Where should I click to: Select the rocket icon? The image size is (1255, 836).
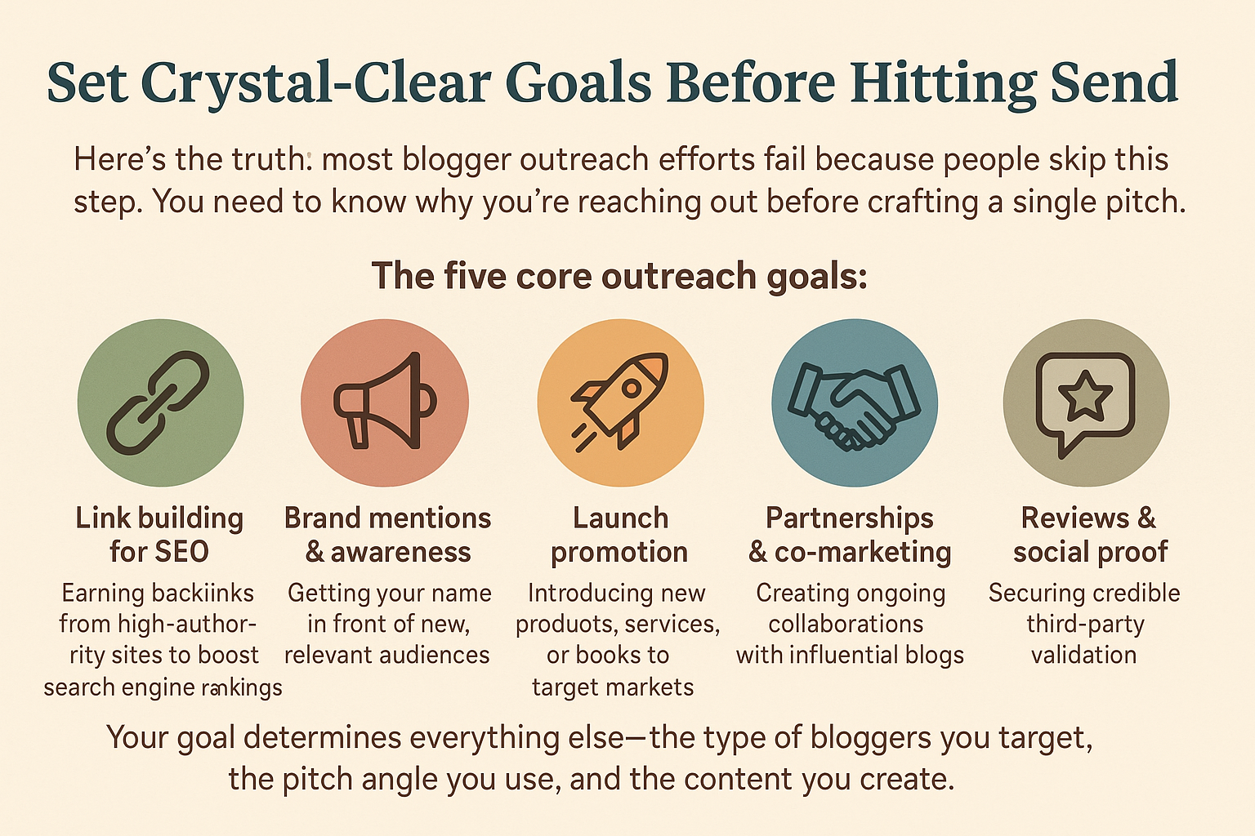(620, 401)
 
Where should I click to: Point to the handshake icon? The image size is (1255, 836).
(854, 403)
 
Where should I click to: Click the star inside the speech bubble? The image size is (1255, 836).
(1085, 395)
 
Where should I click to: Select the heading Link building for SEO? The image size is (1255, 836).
(159, 535)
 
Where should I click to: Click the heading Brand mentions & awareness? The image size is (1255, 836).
(387, 535)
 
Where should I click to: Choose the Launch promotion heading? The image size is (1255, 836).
(619, 535)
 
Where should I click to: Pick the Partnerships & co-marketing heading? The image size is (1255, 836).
(850, 535)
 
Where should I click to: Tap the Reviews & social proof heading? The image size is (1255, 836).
(1089, 535)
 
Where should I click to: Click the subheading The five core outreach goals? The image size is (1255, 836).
(619, 276)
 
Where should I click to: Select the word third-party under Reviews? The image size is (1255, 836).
(1085, 625)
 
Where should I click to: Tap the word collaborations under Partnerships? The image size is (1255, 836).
(846, 624)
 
